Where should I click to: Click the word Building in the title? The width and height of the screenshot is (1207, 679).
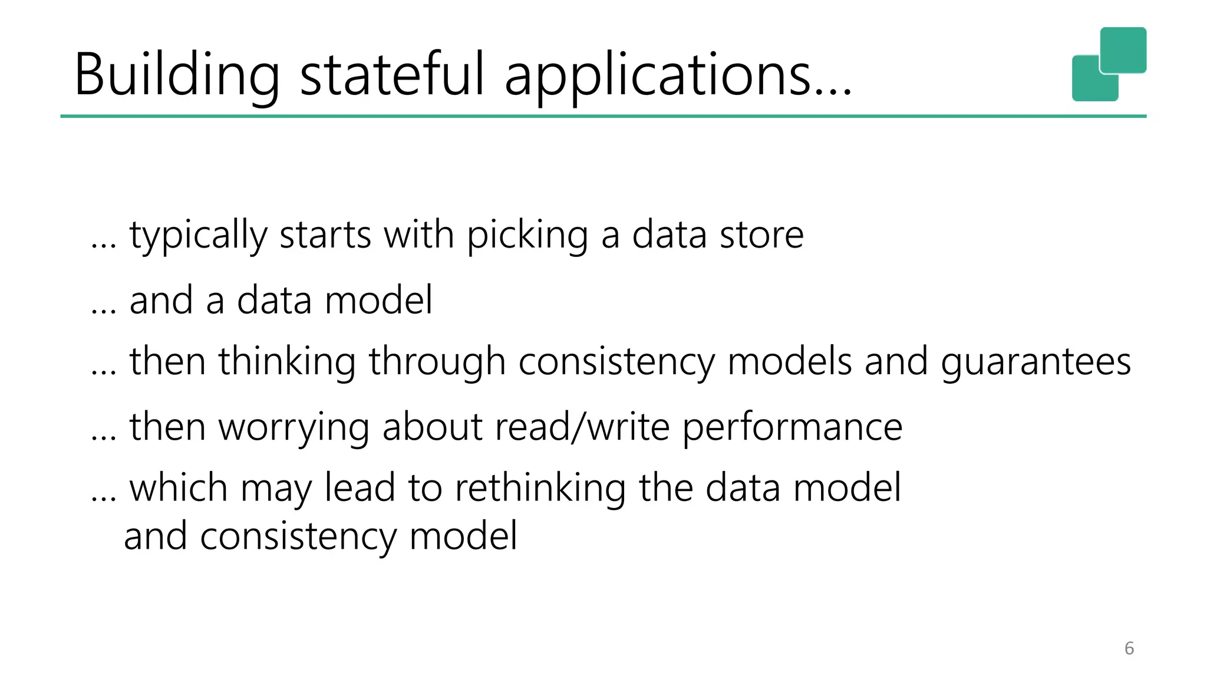pyautogui.click(x=177, y=75)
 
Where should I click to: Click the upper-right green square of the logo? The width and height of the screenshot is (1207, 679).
pyautogui.click(x=1123, y=50)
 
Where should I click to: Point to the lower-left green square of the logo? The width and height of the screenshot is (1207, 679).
pyautogui.click(x=1090, y=83)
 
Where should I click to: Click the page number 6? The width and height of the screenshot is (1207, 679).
pyautogui.click(x=1129, y=648)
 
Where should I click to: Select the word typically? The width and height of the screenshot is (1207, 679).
pyautogui.click(x=198, y=236)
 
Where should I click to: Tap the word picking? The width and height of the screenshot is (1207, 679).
pyautogui.click(x=527, y=236)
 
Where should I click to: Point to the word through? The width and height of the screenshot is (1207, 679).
pyautogui.click(x=437, y=362)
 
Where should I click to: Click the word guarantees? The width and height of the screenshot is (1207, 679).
pyautogui.click(x=1035, y=362)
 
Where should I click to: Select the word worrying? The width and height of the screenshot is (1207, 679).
pyautogui.click(x=294, y=427)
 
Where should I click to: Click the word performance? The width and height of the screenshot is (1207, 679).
pyautogui.click(x=792, y=427)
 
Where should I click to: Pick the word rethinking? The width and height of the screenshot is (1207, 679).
pyautogui.click(x=540, y=488)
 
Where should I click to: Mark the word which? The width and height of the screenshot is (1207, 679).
pyautogui.click(x=179, y=488)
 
